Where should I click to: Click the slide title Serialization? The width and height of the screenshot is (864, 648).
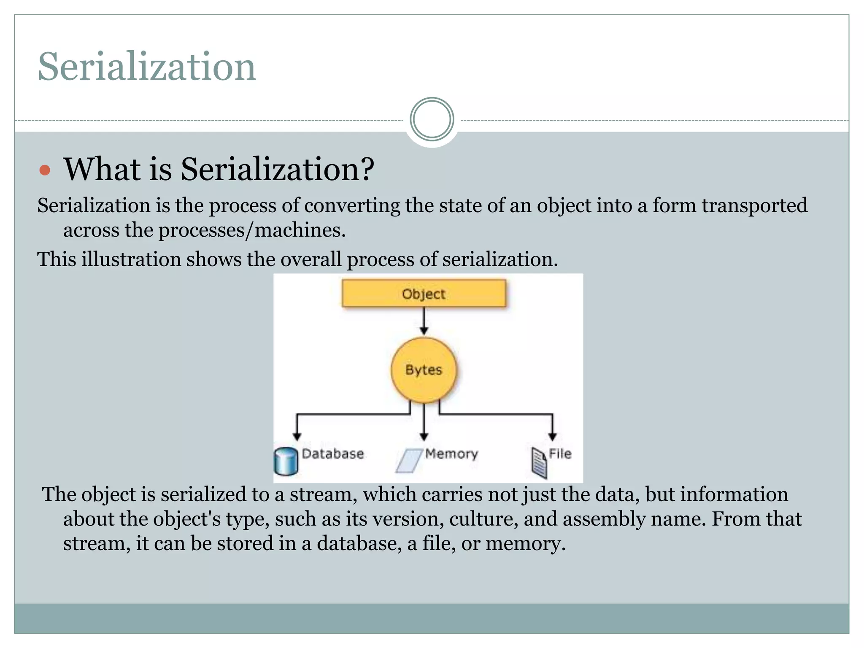point(147,66)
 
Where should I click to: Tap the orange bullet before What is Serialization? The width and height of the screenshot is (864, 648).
point(45,170)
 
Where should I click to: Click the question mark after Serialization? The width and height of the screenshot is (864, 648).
point(367,169)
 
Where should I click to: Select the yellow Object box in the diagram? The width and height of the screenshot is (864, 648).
point(424,293)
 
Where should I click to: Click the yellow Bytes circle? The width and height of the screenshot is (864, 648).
point(424,370)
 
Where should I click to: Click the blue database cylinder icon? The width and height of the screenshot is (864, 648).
point(286,461)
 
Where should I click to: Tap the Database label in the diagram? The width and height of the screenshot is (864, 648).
point(333,454)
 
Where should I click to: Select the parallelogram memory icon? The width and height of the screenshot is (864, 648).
point(409,460)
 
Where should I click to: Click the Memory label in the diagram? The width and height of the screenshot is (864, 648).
point(451,454)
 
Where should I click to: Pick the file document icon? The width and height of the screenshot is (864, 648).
point(539,462)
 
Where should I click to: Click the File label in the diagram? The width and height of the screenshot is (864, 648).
point(560,454)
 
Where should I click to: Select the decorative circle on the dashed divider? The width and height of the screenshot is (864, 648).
point(432,119)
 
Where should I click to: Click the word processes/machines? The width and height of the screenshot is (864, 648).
point(252,230)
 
